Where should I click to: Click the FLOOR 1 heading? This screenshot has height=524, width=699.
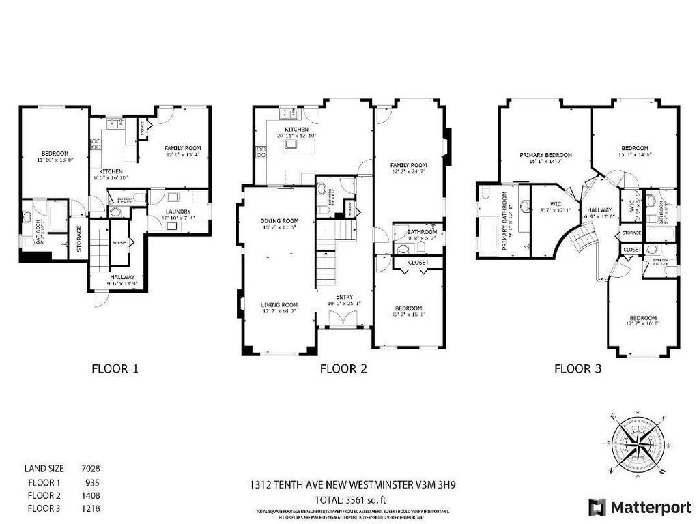pyautogui.click(x=115, y=369)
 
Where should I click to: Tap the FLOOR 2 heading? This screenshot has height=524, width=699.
pyautogui.click(x=343, y=369)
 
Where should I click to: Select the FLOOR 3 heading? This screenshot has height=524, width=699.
pyautogui.click(x=577, y=369)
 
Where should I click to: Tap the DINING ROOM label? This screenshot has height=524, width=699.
pyautogui.click(x=280, y=221)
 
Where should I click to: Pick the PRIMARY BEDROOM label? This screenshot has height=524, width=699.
pyautogui.click(x=545, y=155)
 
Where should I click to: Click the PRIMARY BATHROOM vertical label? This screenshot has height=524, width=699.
pyautogui.click(x=505, y=220)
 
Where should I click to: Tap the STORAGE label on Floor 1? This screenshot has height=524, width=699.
pyautogui.click(x=79, y=239)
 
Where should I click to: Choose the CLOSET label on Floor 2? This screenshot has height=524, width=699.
pyautogui.click(x=418, y=262)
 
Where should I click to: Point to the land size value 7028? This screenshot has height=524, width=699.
pyautogui.click(x=90, y=469)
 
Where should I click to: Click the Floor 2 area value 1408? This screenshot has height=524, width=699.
pyautogui.click(x=90, y=495)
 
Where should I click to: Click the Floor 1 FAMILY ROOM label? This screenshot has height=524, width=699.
pyautogui.click(x=183, y=148)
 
